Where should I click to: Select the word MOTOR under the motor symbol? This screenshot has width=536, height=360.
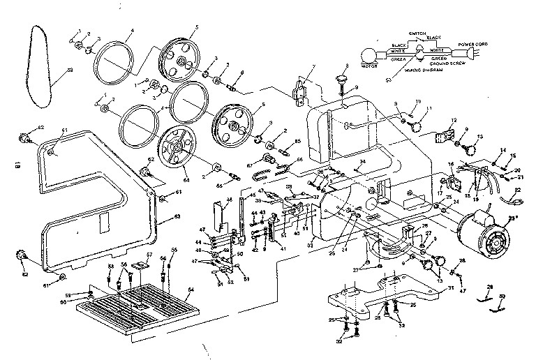click(x=369, y=67)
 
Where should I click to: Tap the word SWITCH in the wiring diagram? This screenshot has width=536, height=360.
click(x=419, y=32)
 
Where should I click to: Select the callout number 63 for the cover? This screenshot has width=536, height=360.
click(x=177, y=216)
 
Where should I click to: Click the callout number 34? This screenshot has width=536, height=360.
click(x=362, y=161)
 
